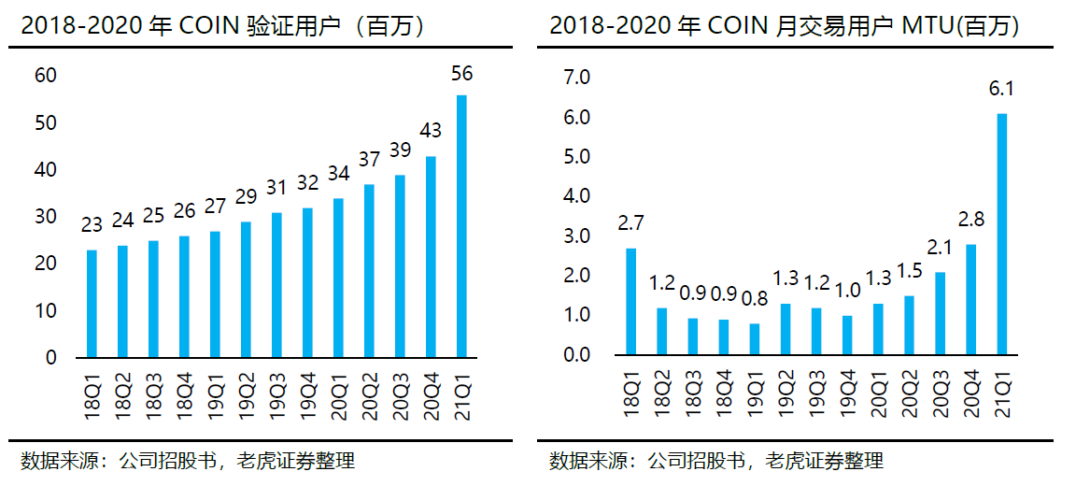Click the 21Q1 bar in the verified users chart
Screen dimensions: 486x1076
click(461, 226)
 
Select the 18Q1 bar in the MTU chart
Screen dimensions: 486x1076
click(631, 302)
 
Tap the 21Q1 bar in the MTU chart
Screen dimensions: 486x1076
click(1002, 235)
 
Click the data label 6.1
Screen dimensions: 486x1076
click(1002, 91)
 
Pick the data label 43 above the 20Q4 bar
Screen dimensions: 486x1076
click(431, 131)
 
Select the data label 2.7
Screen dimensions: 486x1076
click(631, 224)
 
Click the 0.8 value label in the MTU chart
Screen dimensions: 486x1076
click(755, 300)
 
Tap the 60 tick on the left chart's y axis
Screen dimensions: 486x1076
click(45, 76)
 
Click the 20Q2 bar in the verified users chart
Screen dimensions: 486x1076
click(369, 271)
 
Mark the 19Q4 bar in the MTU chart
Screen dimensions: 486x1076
click(847, 336)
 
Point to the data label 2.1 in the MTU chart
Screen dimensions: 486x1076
click(941, 248)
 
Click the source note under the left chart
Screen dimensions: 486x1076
click(188, 461)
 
